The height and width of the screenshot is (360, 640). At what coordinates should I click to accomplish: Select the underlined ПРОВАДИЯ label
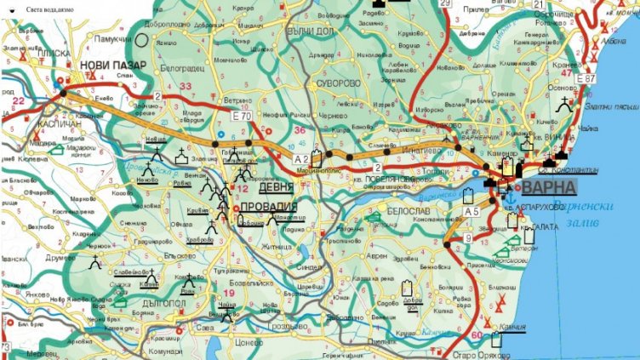[x=269, y=207]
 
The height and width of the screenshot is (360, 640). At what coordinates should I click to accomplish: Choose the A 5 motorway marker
[x=472, y=210]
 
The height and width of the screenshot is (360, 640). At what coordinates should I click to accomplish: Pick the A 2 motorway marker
[x=300, y=159]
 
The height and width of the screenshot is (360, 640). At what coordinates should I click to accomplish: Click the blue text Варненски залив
[x=582, y=213]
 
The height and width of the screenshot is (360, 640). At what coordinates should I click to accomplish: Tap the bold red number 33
[x=186, y=86]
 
